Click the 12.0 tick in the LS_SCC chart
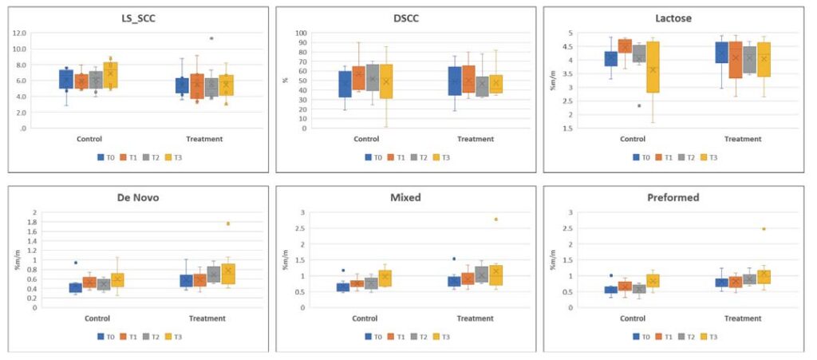(x=39, y=33)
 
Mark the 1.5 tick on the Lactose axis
(x=568, y=128)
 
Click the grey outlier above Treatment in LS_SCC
(x=211, y=38)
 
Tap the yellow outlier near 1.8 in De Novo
(x=228, y=224)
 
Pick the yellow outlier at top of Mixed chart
(x=495, y=219)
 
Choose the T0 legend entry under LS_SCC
(x=106, y=157)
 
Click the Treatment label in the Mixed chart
(x=476, y=318)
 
